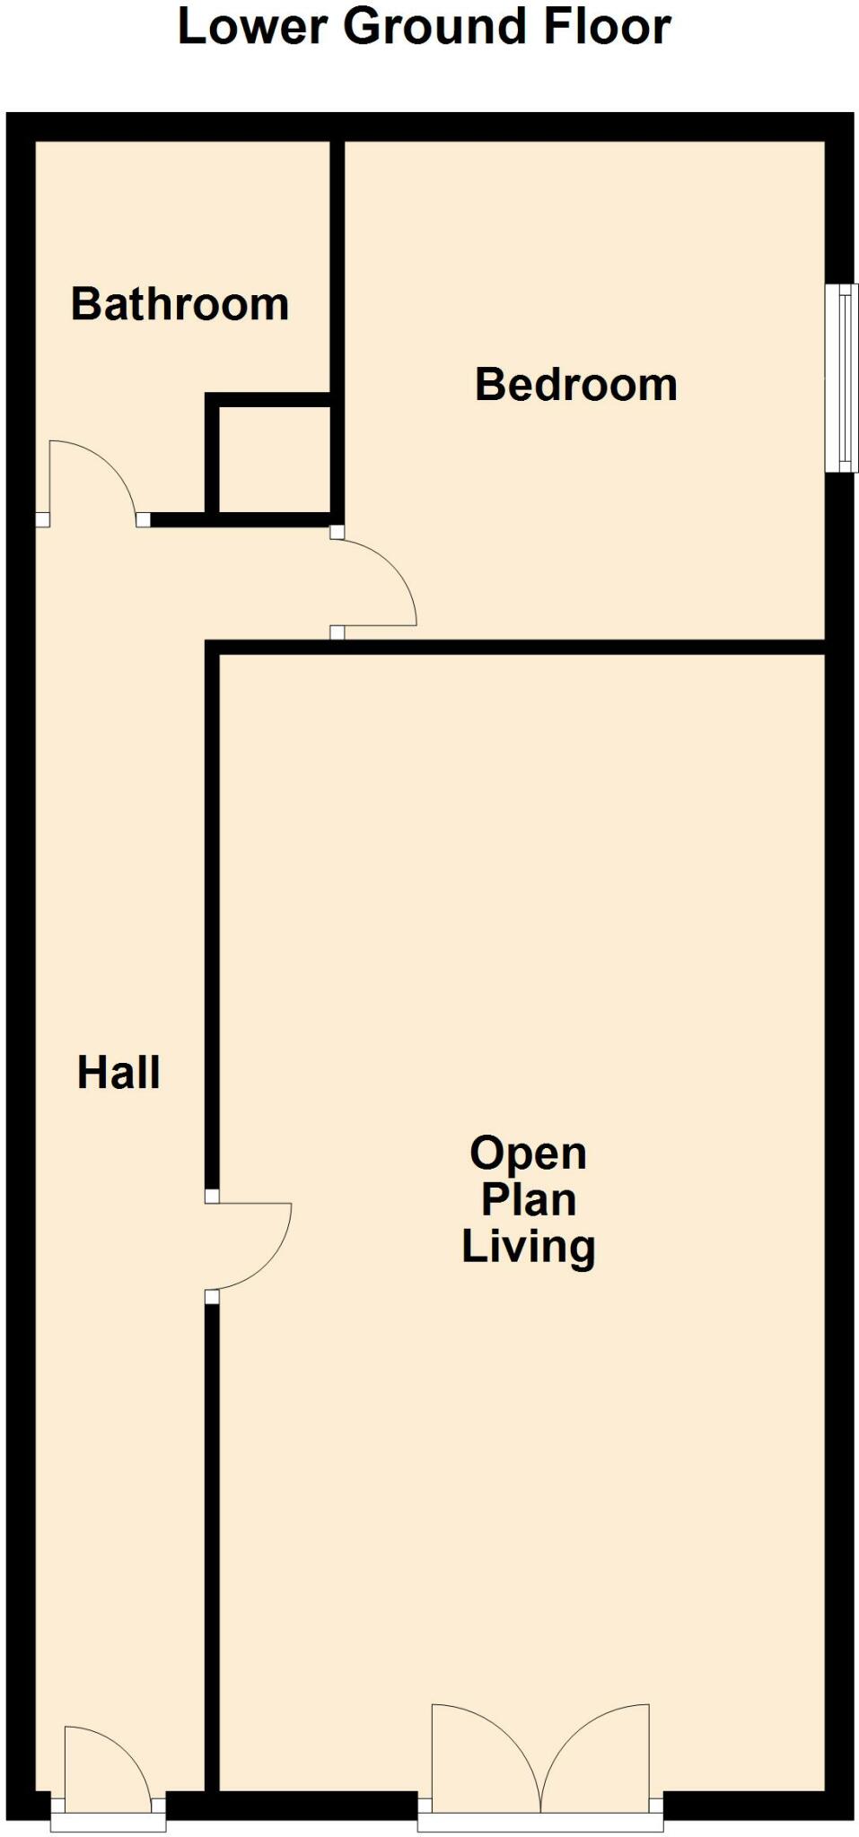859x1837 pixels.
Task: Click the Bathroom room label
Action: coord(180,304)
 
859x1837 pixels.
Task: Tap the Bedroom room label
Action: coord(575,385)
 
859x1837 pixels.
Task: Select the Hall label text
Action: coord(118,1073)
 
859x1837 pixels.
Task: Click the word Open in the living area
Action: coord(528,1154)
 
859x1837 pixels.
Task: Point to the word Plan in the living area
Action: coord(528,1200)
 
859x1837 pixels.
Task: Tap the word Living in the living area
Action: coord(528,1247)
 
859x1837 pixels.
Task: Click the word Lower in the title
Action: coord(251,27)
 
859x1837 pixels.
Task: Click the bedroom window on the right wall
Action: coord(842,378)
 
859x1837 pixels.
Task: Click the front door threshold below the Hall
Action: coord(108,1823)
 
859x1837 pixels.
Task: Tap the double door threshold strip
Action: coord(540,1823)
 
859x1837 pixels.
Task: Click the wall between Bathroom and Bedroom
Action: coord(337,269)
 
